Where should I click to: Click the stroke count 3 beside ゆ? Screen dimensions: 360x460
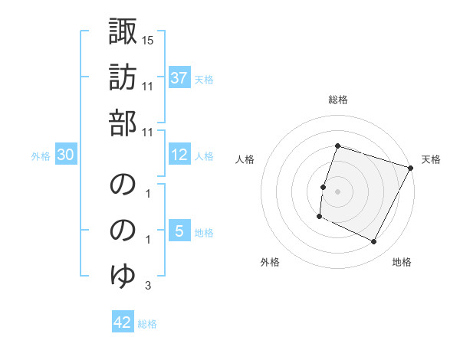(148, 286)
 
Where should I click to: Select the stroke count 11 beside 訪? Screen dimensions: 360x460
(148, 87)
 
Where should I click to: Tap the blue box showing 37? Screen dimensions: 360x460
(179, 77)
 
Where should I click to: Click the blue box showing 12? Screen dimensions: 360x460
(179, 155)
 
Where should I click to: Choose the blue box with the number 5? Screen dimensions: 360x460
(179, 231)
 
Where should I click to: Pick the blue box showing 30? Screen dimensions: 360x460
(65, 155)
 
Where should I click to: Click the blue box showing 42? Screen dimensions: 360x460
(123, 322)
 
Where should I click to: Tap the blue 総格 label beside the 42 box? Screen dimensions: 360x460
(147, 324)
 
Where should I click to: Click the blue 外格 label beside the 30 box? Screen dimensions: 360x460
(41, 156)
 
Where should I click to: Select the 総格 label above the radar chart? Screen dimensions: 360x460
(338, 100)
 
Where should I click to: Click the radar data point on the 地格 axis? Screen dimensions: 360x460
(374, 242)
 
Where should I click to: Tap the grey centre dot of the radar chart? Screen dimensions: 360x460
(338, 191)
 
